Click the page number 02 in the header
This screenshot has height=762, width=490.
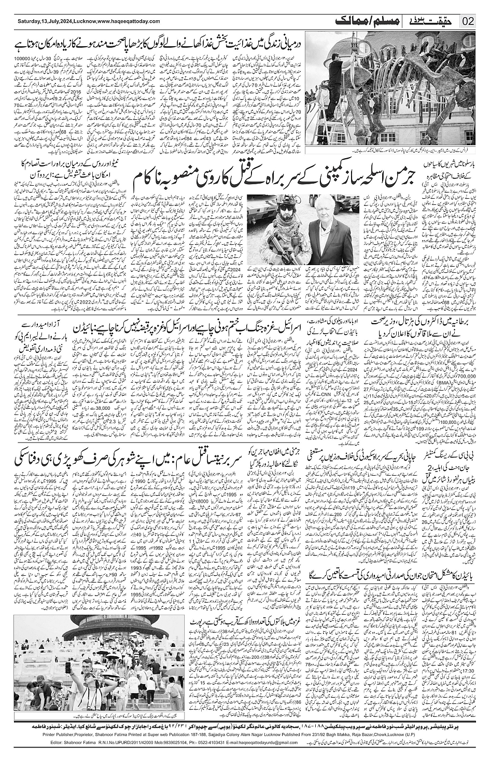coord(468,21)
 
